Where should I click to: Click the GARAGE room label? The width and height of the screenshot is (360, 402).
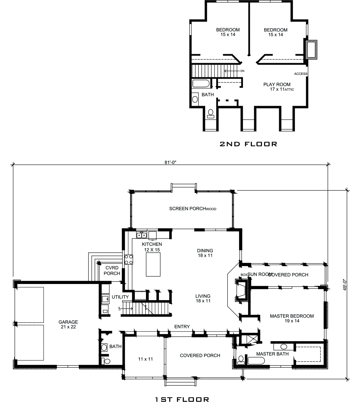coord(68,322)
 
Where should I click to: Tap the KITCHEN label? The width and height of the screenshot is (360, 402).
coord(152,244)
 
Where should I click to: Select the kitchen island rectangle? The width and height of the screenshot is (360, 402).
coord(153,264)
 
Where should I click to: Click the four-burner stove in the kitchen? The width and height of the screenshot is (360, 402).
coord(129,259)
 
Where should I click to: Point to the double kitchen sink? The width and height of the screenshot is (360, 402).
coord(142,235)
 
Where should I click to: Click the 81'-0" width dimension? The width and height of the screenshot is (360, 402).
coord(170,162)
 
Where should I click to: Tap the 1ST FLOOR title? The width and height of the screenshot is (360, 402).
coord(182,391)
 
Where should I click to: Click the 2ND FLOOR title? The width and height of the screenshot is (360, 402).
coord(248,144)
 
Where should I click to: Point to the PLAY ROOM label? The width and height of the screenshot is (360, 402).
coord(277,84)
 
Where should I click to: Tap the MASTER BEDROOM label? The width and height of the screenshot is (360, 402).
coord(292,316)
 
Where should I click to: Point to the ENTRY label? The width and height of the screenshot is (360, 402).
coord(182,326)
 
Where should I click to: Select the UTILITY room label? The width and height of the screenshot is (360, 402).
coord(120,297)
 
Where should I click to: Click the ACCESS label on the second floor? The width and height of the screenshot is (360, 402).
coord(301,74)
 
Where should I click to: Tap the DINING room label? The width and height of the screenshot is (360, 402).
coord(205,251)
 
